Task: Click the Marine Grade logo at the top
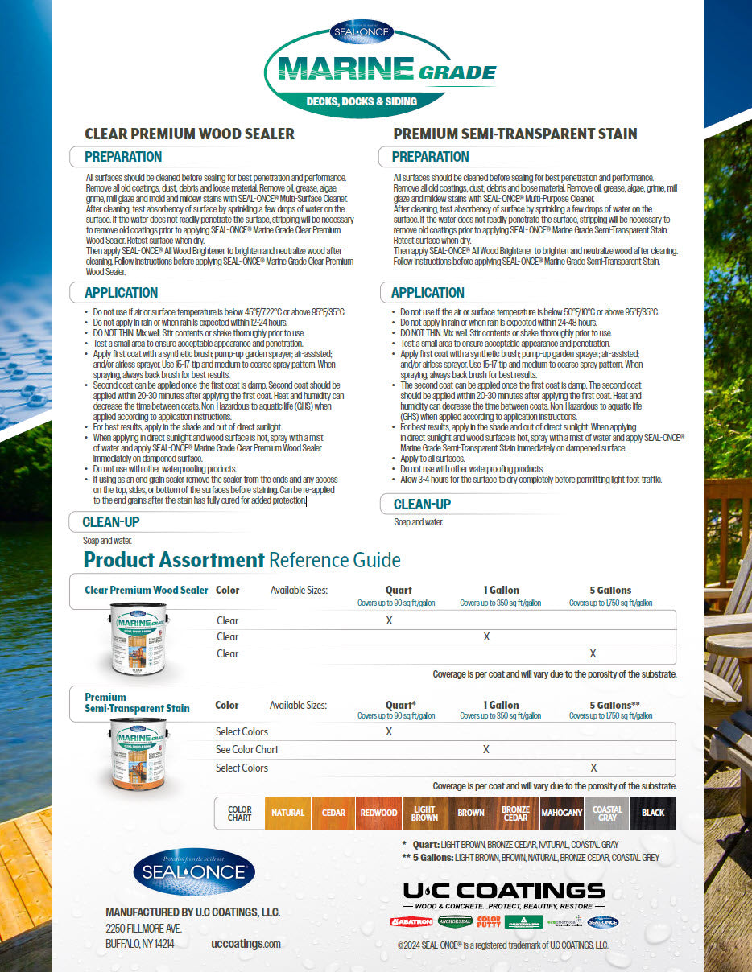click(378, 72)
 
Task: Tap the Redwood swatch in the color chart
click(378, 813)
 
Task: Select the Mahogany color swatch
click(561, 813)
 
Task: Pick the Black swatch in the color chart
click(653, 813)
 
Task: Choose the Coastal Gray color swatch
click(607, 813)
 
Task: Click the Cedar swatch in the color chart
click(333, 813)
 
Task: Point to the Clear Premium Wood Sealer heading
click(190, 134)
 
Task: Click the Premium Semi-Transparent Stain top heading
click(515, 134)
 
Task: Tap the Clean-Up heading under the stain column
click(422, 505)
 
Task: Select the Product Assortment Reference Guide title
click(242, 560)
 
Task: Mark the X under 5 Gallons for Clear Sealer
click(593, 653)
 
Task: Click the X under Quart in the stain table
click(389, 731)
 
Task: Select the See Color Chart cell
click(247, 749)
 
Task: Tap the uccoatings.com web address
click(246, 944)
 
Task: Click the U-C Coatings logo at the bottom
click(504, 890)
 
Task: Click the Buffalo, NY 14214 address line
click(140, 944)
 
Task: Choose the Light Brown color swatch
click(424, 813)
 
